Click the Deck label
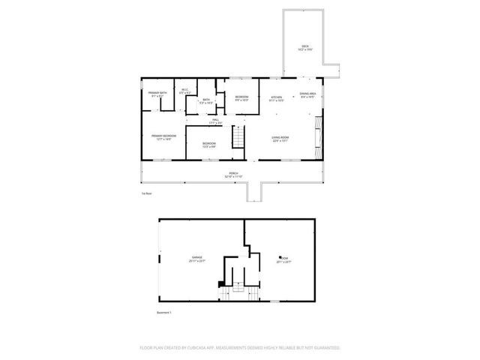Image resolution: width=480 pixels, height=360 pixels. (305, 46)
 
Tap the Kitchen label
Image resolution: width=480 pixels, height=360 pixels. (276, 97)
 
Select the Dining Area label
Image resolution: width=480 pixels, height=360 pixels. (307, 94)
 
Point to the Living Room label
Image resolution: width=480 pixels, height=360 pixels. (280, 137)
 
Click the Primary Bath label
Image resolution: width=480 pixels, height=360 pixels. (157, 94)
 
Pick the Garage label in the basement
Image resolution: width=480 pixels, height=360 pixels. (196, 257)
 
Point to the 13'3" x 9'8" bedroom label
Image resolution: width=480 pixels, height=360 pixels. (208, 143)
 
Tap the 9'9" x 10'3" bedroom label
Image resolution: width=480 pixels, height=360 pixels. (241, 97)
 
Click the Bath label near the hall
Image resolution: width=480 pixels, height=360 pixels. (205, 100)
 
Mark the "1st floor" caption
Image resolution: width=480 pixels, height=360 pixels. (146, 193)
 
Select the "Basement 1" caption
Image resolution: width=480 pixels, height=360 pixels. (164, 312)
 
